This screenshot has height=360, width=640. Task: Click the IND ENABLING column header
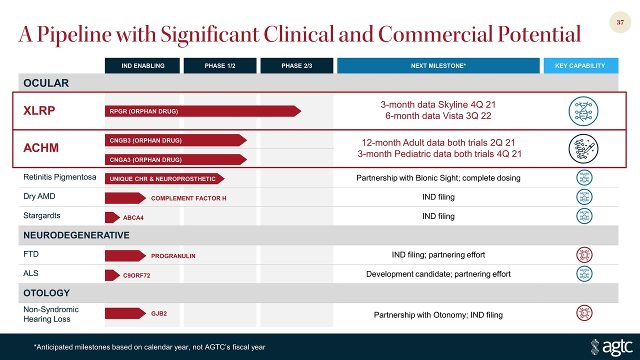[x=142, y=65]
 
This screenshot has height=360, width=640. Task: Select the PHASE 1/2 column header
[x=220, y=65]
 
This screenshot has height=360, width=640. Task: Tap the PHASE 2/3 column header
[x=297, y=65]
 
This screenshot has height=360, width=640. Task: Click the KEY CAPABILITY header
[x=581, y=65]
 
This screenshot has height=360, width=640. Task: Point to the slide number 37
[x=620, y=22]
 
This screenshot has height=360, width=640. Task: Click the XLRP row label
[x=39, y=110]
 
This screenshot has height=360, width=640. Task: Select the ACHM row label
[x=41, y=147]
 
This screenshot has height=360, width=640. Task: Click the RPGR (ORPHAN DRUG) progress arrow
[x=203, y=111]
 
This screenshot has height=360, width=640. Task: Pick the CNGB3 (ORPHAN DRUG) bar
[x=176, y=140]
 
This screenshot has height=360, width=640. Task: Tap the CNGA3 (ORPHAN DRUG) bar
[x=176, y=159]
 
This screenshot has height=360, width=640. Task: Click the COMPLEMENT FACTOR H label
[x=188, y=198]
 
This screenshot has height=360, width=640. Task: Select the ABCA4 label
[x=133, y=217]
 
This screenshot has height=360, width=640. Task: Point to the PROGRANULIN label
[x=173, y=256]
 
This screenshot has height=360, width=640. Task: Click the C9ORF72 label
[x=136, y=275]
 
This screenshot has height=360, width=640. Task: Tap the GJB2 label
[x=159, y=313]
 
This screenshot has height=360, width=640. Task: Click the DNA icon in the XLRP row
[x=583, y=111]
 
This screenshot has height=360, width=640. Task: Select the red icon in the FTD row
[x=584, y=254]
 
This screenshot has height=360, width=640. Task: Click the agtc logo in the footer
[x=611, y=347]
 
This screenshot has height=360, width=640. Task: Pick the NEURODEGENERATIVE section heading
[x=76, y=235]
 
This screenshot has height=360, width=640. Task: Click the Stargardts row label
[x=41, y=215]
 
